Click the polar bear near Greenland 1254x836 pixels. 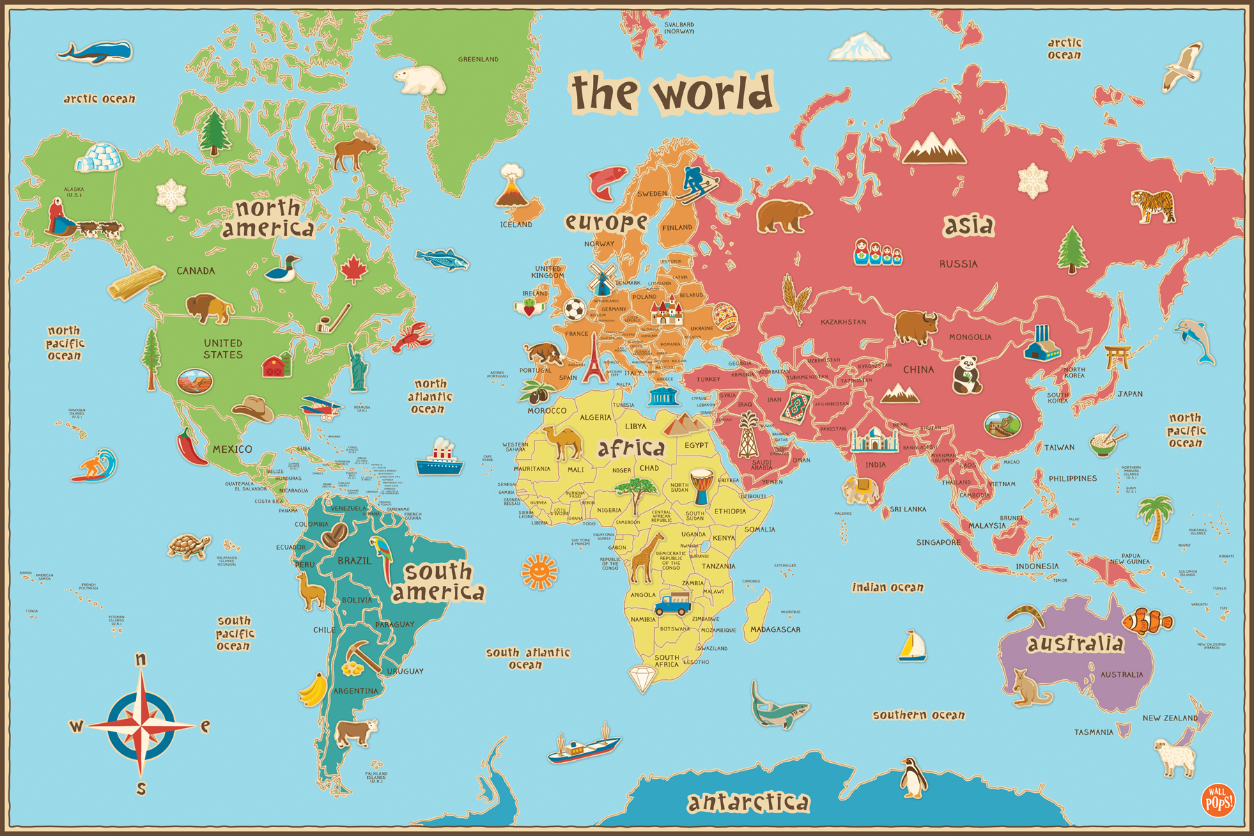point(420,80)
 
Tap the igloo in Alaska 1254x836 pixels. point(98,157)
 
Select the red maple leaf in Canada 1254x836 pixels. point(354,269)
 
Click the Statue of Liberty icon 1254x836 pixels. point(358,367)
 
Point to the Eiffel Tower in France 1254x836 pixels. point(594,359)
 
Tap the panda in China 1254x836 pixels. point(966,374)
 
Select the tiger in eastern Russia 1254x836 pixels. point(1154,206)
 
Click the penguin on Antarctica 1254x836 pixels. point(913,777)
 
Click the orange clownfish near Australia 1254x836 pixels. point(1146,621)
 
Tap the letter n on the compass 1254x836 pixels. point(141,659)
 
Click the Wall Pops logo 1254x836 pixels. point(1218,800)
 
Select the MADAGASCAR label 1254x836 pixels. point(775,630)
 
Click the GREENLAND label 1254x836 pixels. point(478,59)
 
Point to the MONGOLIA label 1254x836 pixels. point(970,337)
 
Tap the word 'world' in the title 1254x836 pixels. point(714,93)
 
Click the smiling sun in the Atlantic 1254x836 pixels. point(539,571)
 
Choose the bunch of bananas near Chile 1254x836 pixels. point(314,690)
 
